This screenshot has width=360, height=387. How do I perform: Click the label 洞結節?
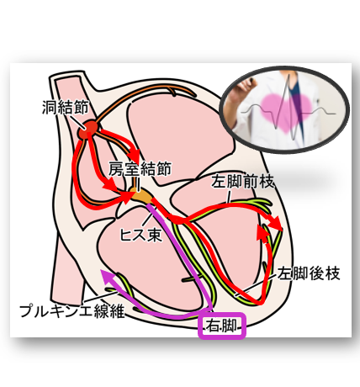coord(66,107)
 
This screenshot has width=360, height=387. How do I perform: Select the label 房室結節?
coord(140,169)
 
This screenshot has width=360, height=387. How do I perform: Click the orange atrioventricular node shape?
coord(141,196)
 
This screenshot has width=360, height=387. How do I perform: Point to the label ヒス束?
coord(141,234)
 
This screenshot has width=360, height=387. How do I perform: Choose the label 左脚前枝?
coord(242,181)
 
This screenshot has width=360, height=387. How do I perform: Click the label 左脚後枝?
coord(309,273)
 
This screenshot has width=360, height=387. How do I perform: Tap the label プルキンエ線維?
coord(72,310)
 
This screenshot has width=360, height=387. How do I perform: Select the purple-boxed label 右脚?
coord(222,326)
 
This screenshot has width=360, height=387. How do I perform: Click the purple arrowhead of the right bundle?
coord(108,276)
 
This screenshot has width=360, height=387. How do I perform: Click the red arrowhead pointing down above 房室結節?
coord(134,154)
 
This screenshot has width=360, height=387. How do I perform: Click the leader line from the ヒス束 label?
coord(148,220)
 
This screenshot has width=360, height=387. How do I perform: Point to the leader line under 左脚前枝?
coord(229,196)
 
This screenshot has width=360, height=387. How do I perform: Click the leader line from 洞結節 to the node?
coord(77,121)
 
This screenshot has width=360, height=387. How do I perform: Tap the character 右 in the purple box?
coord(214,326)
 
